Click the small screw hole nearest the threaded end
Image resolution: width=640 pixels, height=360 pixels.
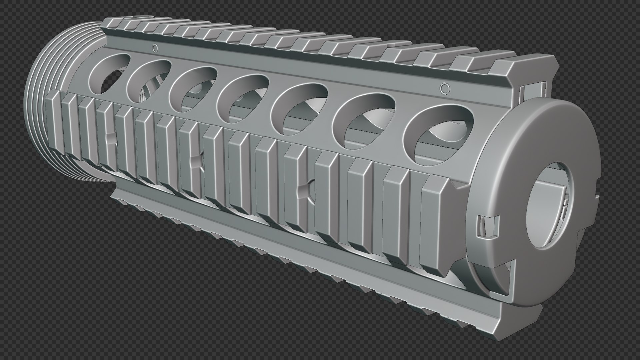click(x=155, y=48)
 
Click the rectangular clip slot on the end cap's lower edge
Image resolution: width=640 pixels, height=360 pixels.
click(x=488, y=227)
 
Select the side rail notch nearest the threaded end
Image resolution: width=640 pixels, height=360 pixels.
click(x=110, y=140)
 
